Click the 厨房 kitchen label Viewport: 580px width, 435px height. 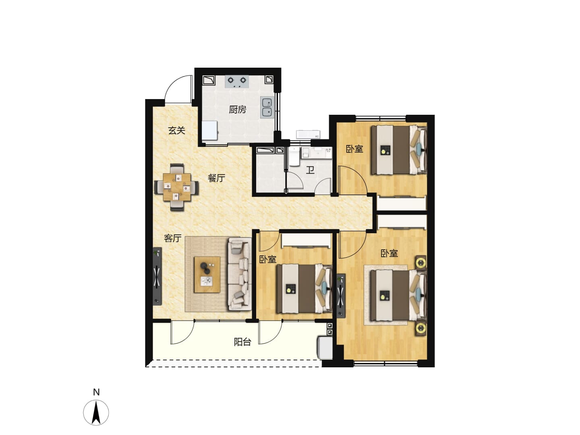point(237,109)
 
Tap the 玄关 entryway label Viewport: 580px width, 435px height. point(176,130)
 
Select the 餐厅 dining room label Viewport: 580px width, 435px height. point(216,178)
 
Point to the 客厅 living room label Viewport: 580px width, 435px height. point(172,238)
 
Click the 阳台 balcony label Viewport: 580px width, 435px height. point(242,342)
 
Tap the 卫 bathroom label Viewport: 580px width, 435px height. point(310,170)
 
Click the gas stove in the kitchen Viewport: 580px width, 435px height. point(237,81)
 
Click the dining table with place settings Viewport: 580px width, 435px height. point(177,187)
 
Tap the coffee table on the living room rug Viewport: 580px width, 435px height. point(207,275)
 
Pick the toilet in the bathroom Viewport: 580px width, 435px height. point(294,157)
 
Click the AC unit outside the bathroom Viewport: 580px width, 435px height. point(308,134)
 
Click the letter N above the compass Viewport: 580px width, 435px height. point(96,392)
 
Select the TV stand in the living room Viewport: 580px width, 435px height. point(157,276)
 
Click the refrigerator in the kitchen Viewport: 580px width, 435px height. point(209,130)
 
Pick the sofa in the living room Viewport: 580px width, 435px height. point(239,274)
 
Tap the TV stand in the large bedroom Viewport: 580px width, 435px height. point(341,296)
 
